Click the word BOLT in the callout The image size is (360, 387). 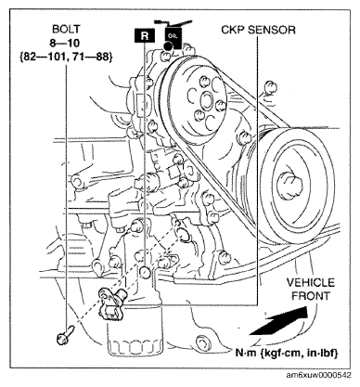66,29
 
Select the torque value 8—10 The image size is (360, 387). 66,43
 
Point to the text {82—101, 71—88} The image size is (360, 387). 66,57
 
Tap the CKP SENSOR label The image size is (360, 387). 258,30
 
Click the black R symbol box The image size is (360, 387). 144,35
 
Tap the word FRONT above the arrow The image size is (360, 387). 311,296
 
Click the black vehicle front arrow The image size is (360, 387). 278,321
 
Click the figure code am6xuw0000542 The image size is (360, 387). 319,376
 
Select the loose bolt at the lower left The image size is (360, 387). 64,335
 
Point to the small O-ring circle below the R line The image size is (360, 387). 145,271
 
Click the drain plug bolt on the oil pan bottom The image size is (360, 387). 203,342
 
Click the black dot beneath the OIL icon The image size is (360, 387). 168,46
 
